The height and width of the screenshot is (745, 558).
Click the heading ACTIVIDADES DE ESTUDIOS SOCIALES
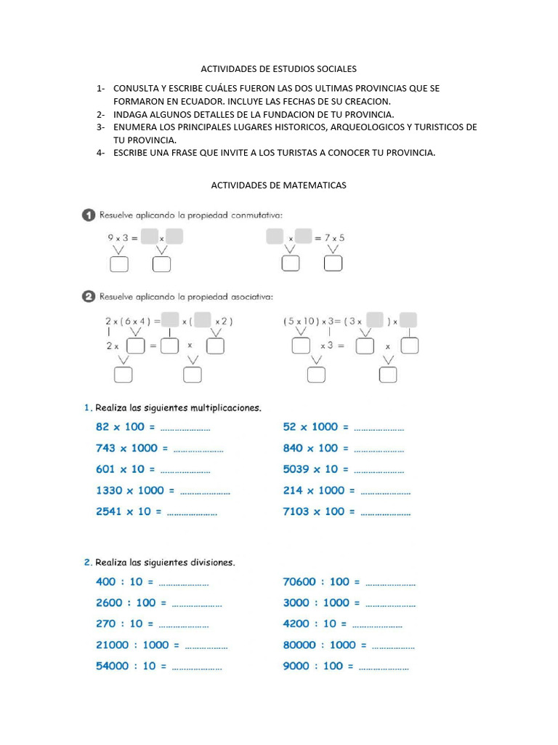[278, 69]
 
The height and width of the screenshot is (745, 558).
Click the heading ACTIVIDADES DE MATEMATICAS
[278, 186]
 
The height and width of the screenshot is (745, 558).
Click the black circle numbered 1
[88, 215]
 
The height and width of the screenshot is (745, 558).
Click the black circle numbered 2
[88, 296]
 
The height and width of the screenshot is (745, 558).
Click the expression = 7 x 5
[331, 237]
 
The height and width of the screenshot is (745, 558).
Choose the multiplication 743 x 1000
[126, 448]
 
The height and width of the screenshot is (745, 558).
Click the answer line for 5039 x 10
[379, 471]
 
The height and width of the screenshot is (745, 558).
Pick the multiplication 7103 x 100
[314, 511]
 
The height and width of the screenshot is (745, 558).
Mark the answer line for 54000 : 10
[197, 667]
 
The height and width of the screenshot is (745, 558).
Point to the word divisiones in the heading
[211, 562]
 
